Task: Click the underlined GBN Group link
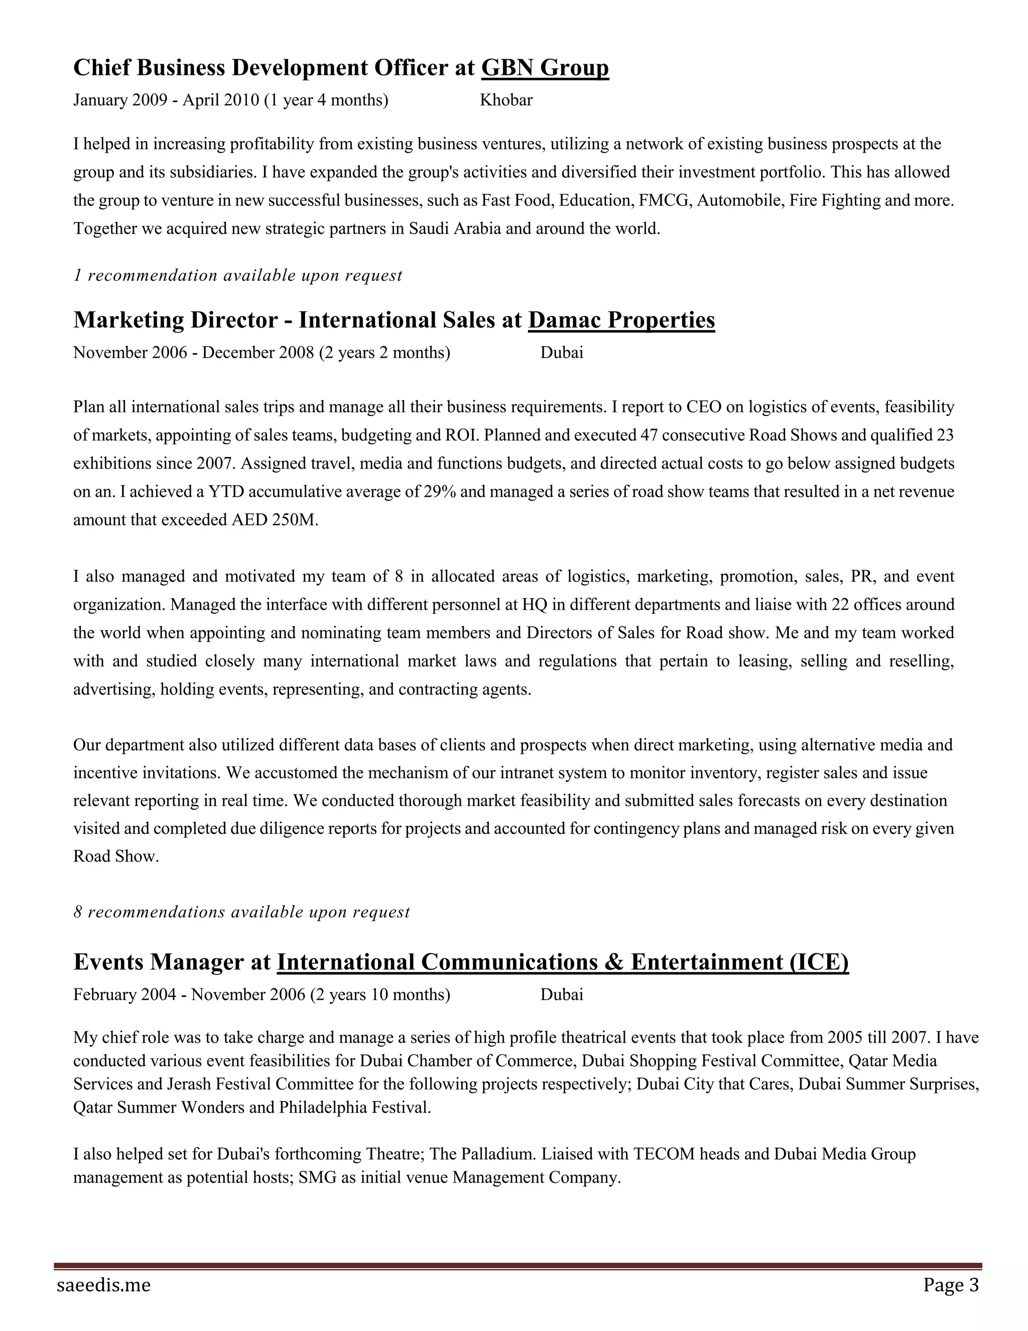pos(545,68)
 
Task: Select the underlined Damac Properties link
pos(621,320)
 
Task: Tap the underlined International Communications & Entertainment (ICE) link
pos(562,962)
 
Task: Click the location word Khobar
pos(505,100)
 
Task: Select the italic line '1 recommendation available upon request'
pos(237,275)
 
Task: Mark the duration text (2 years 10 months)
pos(380,994)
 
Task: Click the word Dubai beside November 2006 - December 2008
pos(562,353)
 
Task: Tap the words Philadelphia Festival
pos(354,1107)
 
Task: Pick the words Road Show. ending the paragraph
pos(116,856)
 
